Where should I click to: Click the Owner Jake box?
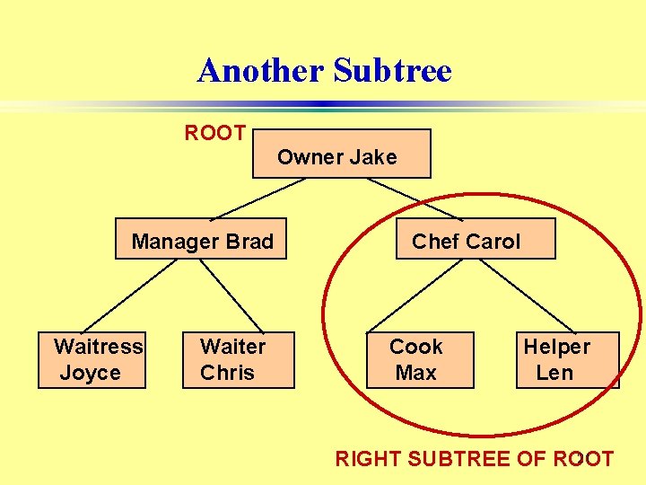pyautogui.click(x=342, y=154)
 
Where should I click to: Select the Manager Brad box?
pyautogui.click(x=201, y=239)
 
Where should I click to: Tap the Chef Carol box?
pyautogui.click(x=476, y=239)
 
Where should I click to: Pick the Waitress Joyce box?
pyautogui.click(x=92, y=359)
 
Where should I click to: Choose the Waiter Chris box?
pyautogui.click(x=238, y=359)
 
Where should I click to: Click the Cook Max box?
pyautogui.click(x=419, y=359)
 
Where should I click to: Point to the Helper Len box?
pyautogui.click(x=567, y=359)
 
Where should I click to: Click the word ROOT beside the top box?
pyautogui.click(x=215, y=134)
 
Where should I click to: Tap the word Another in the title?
pyautogui.click(x=261, y=70)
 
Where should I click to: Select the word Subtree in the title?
pyautogui.click(x=392, y=70)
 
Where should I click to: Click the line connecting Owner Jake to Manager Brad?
pyautogui.click(x=253, y=198)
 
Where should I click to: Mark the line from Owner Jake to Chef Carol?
pyautogui.click(x=415, y=198)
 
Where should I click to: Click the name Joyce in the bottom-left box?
pyautogui.click(x=90, y=373)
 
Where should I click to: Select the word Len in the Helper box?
pyautogui.click(x=554, y=373)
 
